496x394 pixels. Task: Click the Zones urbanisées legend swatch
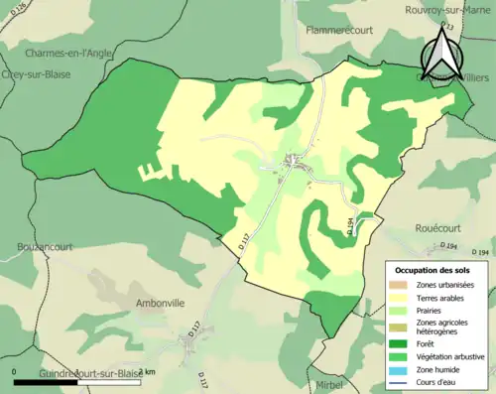point(402,285)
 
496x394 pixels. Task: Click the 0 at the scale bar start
point(15,371)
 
